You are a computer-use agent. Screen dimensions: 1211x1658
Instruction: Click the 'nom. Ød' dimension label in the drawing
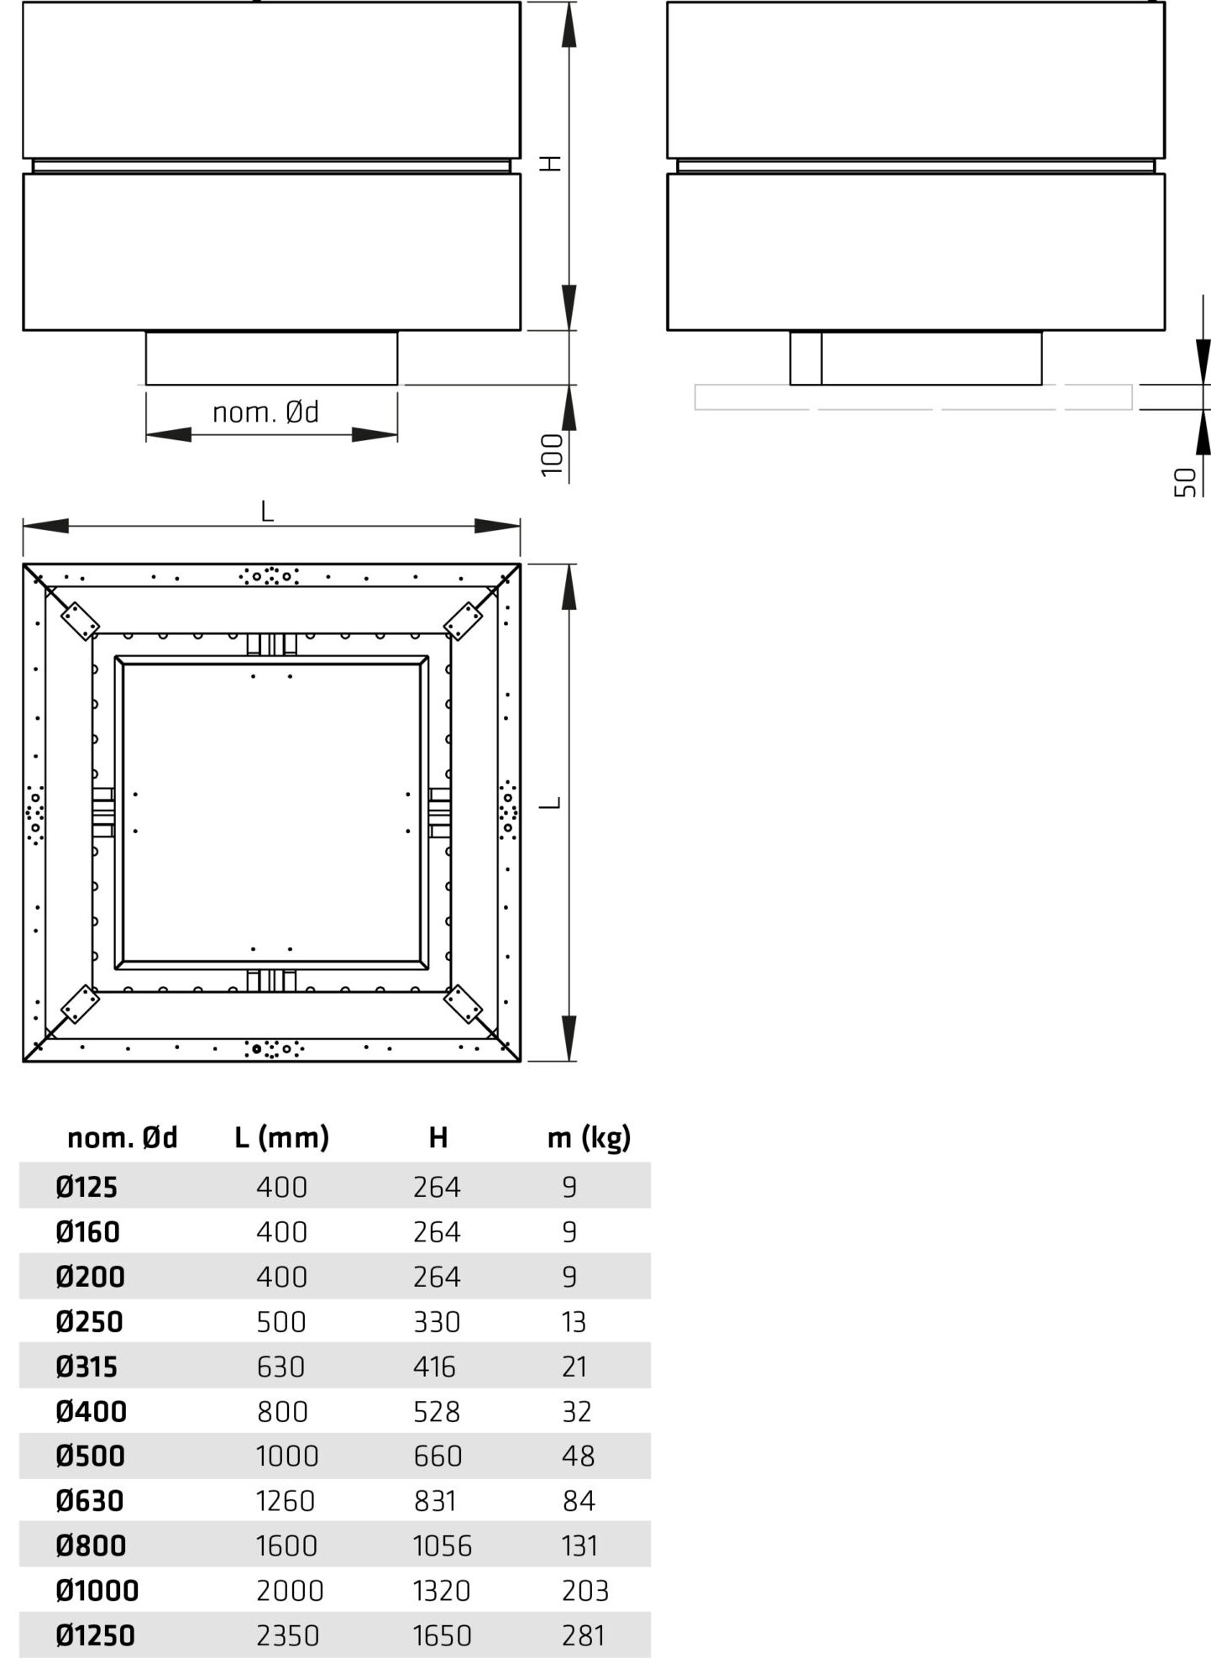click(265, 412)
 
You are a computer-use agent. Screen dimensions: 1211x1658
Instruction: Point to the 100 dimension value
click(552, 454)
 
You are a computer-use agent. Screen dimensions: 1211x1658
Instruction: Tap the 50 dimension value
click(1185, 482)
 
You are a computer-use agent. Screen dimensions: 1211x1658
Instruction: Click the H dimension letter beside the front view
click(550, 163)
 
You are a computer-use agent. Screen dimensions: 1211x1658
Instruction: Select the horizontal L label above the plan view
click(267, 511)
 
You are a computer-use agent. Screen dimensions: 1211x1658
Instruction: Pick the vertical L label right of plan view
click(550, 803)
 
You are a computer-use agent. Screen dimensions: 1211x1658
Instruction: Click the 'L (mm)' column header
click(281, 1137)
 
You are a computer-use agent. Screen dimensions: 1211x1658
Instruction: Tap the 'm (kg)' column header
click(589, 1137)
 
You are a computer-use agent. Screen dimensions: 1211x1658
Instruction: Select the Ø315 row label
click(86, 1366)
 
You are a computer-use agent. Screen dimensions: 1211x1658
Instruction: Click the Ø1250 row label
click(95, 1634)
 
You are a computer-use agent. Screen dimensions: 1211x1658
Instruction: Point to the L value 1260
click(286, 1500)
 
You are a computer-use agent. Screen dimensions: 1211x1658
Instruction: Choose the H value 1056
click(443, 1545)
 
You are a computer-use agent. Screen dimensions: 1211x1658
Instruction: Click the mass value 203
click(585, 1590)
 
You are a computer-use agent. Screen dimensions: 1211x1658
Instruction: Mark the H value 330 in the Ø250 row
click(437, 1321)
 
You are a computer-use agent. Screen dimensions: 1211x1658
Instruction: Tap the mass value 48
click(579, 1456)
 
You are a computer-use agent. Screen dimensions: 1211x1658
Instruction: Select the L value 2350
click(287, 1634)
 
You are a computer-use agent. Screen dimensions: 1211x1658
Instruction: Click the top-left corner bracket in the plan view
click(80, 621)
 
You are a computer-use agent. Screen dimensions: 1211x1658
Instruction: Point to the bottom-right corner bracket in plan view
click(463, 1004)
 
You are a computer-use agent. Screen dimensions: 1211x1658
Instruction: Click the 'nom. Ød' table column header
click(123, 1137)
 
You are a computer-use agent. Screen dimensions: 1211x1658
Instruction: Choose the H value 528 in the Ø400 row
click(437, 1411)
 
